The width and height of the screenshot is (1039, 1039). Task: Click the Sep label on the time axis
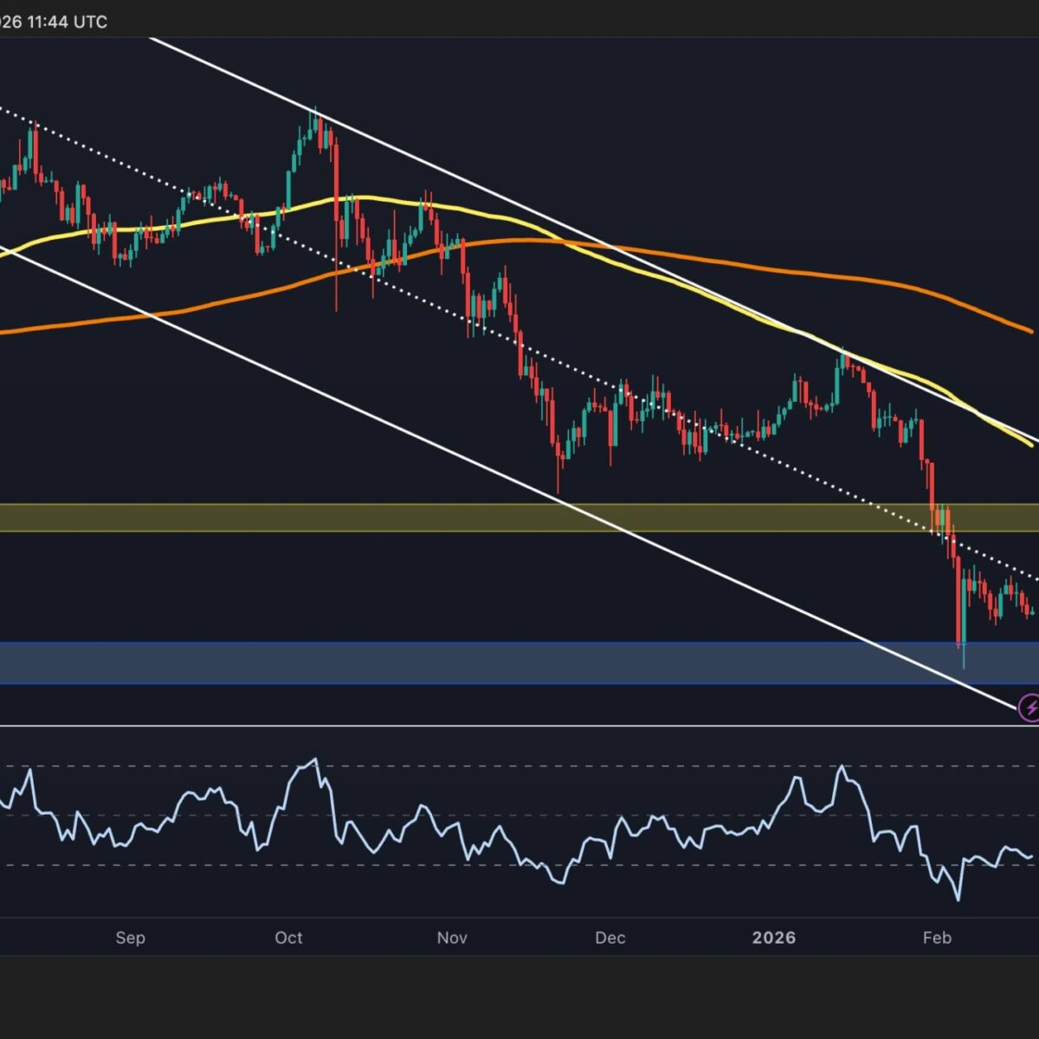130,938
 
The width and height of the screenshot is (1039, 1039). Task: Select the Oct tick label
288,938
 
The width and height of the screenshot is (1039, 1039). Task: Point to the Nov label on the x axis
452,938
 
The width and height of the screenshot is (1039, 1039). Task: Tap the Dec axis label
610,938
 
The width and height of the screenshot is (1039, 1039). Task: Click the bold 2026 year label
773,938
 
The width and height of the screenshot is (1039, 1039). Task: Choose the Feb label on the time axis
937,938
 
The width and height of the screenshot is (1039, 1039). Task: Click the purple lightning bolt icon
1029,708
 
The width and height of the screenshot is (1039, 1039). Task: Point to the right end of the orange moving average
1030,331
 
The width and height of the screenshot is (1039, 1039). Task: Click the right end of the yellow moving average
1030,445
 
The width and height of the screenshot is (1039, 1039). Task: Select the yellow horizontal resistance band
519,518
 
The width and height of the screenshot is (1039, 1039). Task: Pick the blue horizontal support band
519,663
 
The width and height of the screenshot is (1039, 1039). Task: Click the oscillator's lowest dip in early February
958,900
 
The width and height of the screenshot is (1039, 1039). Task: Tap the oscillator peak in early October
314,760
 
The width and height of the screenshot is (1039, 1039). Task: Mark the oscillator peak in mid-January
842,767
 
